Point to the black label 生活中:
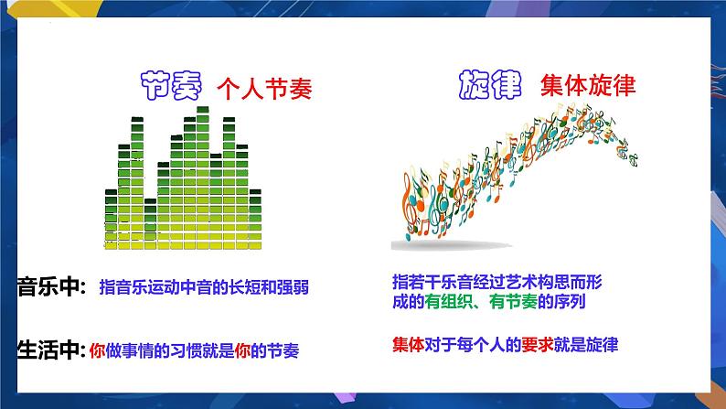click(51, 349)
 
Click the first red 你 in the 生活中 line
click(99, 349)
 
